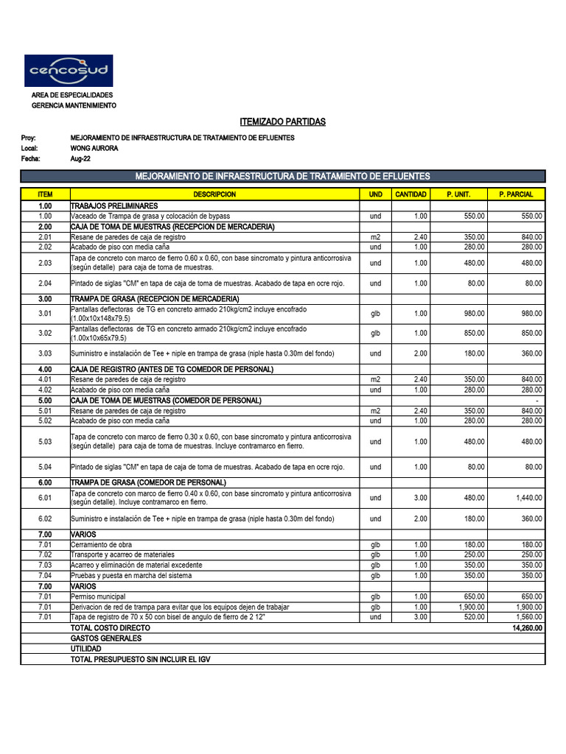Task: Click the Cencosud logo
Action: (x=69, y=71)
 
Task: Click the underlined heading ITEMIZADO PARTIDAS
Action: (x=283, y=121)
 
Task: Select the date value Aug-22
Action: (x=80, y=158)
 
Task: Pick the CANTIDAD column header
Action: (x=410, y=194)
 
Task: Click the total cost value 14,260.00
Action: (x=527, y=628)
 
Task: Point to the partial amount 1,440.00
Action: (x=528, y=498)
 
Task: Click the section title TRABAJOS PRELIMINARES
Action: (x=114, y=206)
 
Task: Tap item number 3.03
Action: (x=45, y=353)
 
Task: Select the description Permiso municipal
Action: (x=98, y=596)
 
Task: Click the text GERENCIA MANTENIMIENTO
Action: (x=74, y=106)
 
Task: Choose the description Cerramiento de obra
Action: (x=101, y=544)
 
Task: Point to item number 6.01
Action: (x=45, y=498)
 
